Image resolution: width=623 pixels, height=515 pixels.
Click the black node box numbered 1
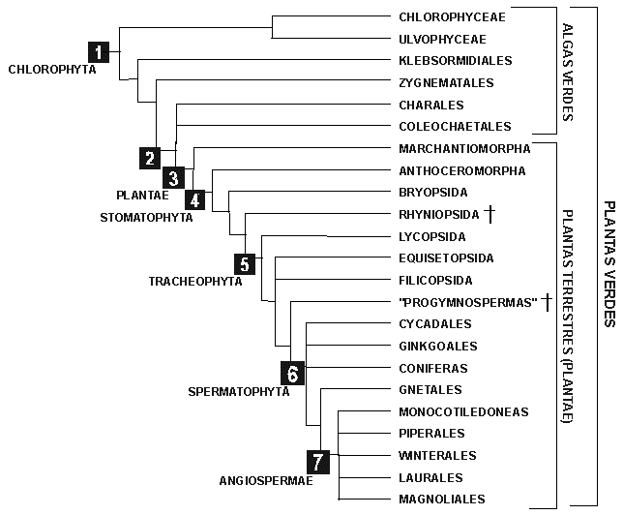[x=99, y=51]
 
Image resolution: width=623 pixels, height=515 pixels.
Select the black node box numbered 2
[x=150, y=158]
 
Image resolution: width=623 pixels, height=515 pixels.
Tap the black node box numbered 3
[x=173, y=177]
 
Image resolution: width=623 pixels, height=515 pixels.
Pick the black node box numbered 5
[x=245, y=263]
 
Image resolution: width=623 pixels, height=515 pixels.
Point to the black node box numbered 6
[x=292, y=373]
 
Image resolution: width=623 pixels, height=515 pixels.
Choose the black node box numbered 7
[x=318, y=462]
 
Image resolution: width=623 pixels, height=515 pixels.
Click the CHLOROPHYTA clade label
[x=52, y=69]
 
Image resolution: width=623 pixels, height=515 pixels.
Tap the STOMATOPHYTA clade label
[x=146, y=218]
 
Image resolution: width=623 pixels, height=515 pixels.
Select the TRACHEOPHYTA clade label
[x=195, y=282]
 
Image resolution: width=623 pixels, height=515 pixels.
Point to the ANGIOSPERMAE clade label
[x=266, y=481]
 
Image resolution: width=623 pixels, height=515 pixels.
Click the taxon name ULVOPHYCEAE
[x=443, y=40]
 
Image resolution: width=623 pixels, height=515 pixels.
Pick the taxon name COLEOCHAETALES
[x=455, y=127]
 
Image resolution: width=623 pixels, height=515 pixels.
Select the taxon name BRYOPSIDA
[x=433, y=193]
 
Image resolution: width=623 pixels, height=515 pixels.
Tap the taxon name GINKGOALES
[x=438, y=346]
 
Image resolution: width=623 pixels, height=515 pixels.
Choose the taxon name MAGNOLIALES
[x=442, y=500]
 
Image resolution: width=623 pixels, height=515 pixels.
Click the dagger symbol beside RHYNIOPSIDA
[x=490, y=214]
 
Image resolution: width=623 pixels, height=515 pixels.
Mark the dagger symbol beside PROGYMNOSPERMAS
[x=548, y=302]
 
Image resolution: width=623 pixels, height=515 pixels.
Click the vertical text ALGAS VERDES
[x=568, y=73]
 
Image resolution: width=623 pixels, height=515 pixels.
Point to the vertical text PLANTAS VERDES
[x=609, y=263]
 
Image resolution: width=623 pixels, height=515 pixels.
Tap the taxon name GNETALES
[x=430, y=390]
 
